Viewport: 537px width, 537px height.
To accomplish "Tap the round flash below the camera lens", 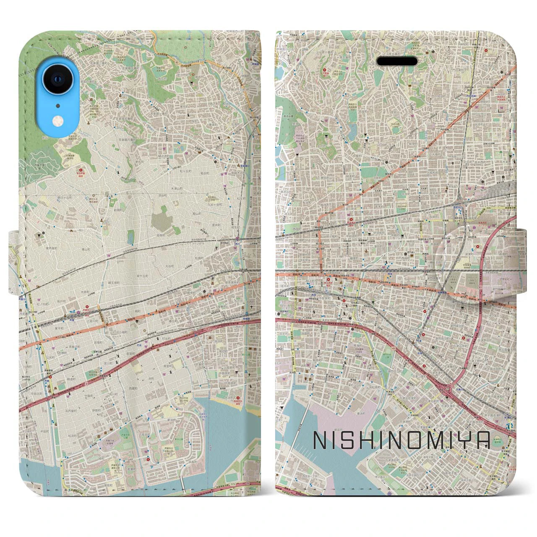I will (57, 121).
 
